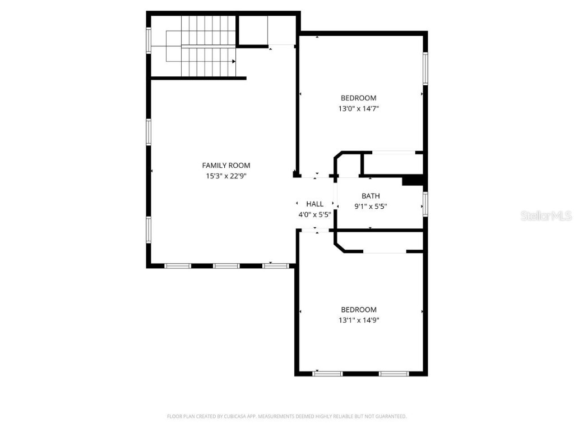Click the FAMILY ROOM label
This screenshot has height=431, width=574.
click(226, 165)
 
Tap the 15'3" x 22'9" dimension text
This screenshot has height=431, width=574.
click(226, 176)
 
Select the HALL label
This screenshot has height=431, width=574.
click(314, 204)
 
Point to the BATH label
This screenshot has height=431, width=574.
click(371, 196)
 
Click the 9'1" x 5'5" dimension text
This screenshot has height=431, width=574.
click(371, 206)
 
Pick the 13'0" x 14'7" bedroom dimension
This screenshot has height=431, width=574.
click(359, 109)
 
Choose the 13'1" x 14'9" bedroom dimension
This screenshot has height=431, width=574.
click(359, 320)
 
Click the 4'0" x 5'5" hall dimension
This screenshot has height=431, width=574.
click(314, 214)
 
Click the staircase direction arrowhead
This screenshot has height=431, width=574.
click(234, 62)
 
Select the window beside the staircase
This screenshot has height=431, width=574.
click(149, 40)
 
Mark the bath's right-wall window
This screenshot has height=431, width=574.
click(425, 204)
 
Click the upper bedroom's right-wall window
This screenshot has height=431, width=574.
click(425, 68)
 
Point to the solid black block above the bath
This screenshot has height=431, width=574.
click(414, 180)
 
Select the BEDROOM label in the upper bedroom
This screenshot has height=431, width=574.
click(359, 98)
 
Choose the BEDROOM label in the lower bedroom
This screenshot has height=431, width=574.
click(359, 310)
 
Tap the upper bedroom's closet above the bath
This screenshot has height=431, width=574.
click(392, 163)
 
